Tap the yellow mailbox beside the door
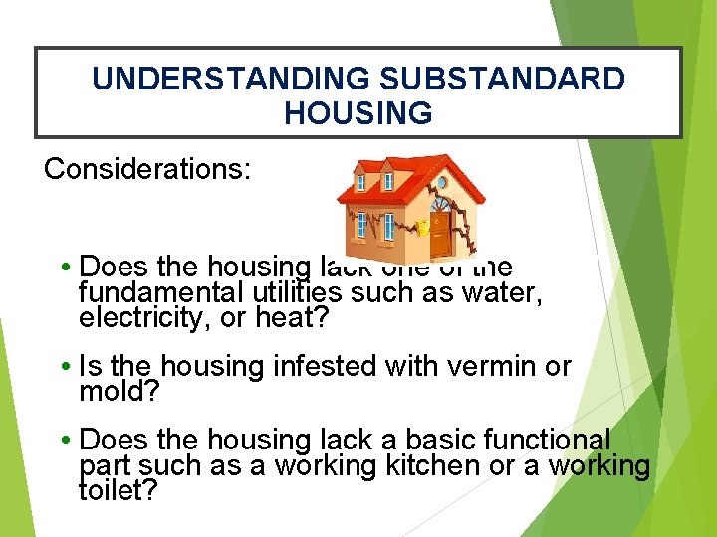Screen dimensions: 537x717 click(422, 227)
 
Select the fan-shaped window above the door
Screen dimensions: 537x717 click(440, 204)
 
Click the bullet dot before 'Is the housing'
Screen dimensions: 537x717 click(65, 368)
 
